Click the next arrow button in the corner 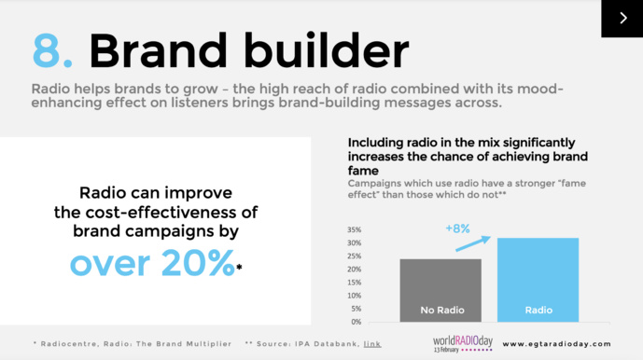point(622,19)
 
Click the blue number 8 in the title point(49,51)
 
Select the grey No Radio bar point(440,290)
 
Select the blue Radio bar point(538,280)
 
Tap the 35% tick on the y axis point(355,229)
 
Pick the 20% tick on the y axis point(355,270)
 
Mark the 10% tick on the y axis point(355,296)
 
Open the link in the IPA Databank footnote point(372,343)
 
